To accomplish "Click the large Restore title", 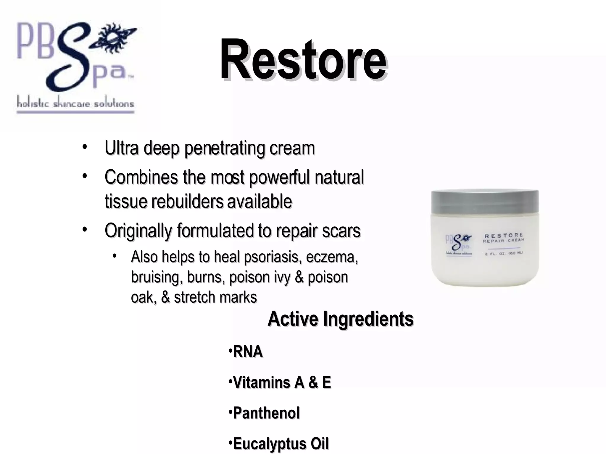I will (x=303, y=60).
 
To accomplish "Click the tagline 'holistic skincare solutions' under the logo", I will (x=75, y=103).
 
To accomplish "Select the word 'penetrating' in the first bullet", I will (x=225, y=148).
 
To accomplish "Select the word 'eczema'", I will (x=332, y=257).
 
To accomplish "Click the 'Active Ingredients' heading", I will (x=340, y=319).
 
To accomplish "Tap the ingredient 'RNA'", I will (x=247, y=352).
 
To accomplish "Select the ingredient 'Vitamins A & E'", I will (x=282, y=382).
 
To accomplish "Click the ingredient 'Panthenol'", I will (x=266, y=413).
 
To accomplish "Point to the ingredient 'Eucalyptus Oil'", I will (x=281, y=444).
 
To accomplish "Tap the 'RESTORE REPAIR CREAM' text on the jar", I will (x=503, y=238).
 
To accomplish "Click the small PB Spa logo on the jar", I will (x=458, y=244).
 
